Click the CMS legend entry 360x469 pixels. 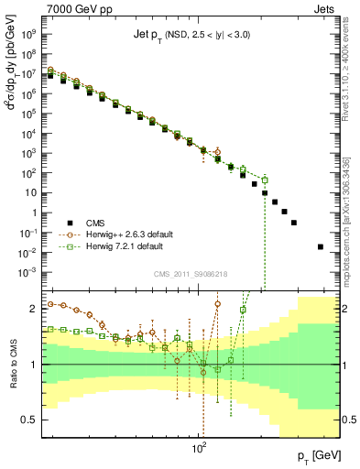(97, 222)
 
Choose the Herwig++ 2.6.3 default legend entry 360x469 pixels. (128, 234)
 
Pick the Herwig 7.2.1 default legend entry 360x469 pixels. (125, 247)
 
